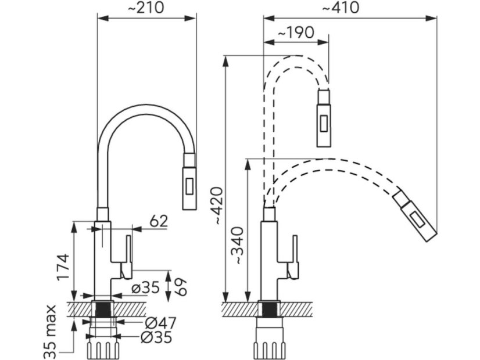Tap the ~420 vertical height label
pos(216,207)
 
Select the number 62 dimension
pos(157,221)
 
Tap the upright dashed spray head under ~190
pos(324,118)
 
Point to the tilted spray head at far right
pos(415,215)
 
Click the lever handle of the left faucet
pos(127,255)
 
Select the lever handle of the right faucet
pos(293,256)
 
